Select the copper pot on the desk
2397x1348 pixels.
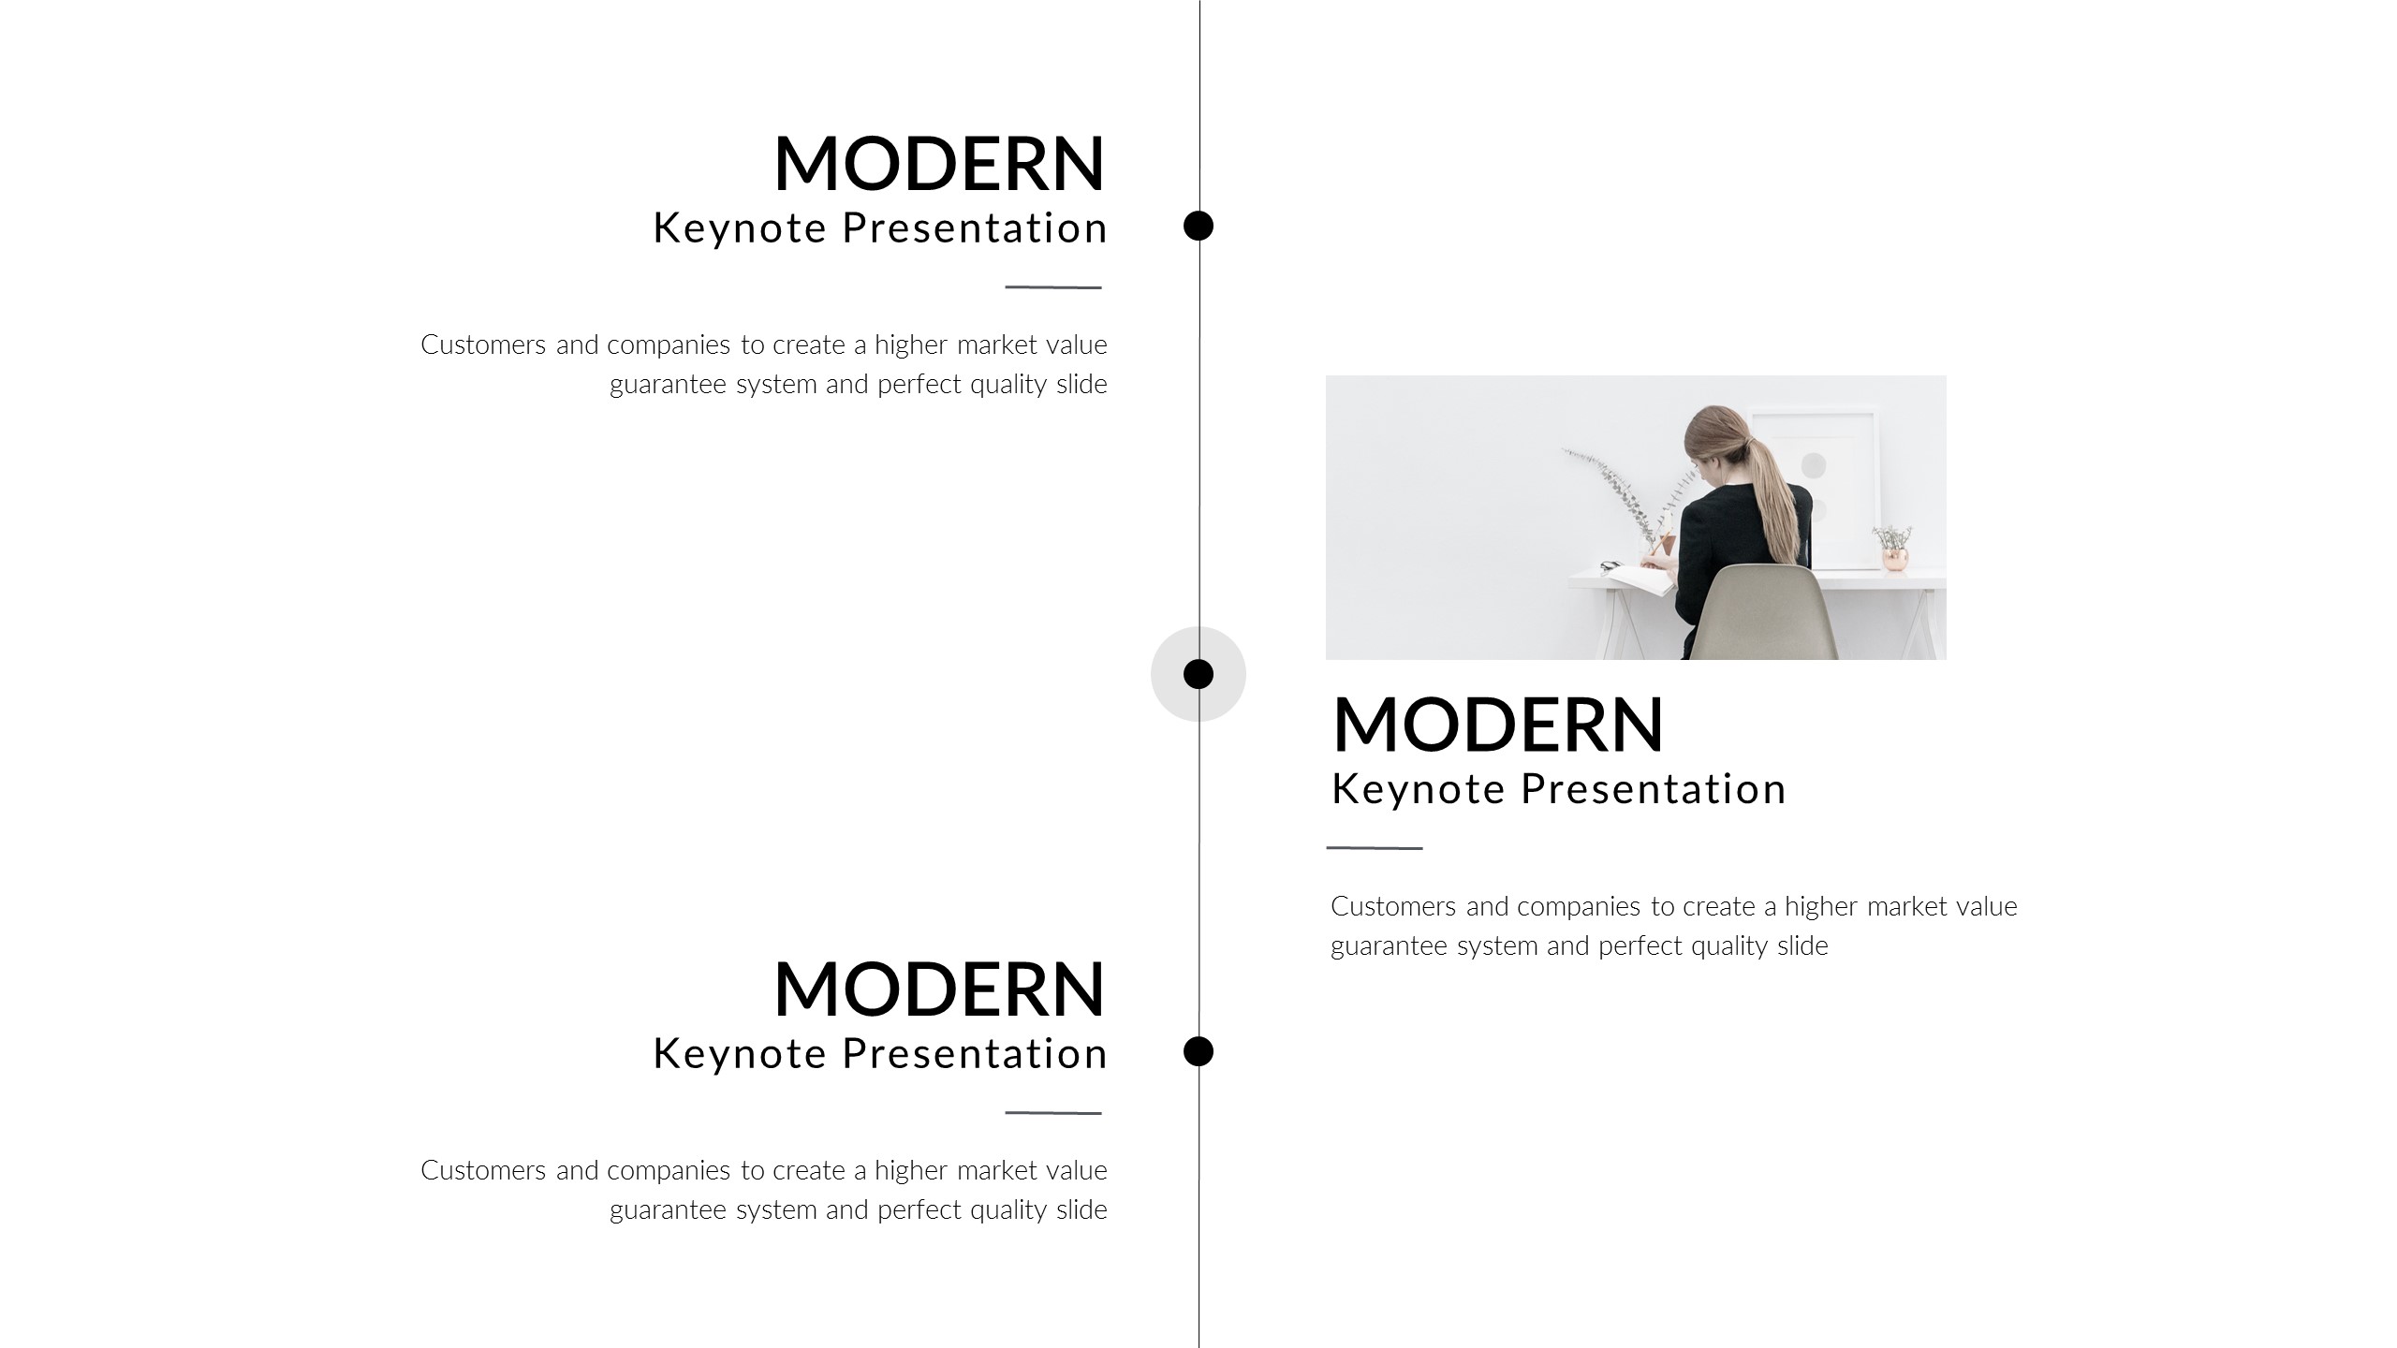[1894, 558]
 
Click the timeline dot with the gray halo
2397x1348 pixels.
[1198, 674]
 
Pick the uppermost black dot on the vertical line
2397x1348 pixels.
[1198, 226]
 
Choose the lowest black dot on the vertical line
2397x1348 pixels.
[1198, 1051]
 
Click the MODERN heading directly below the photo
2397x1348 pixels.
[1498, 725]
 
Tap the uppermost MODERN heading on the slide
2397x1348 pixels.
[939, 164]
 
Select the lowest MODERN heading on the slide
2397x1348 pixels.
[939, 989]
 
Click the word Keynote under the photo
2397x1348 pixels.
[1418, 789]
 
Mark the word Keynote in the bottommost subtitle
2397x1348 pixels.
[740, 1054]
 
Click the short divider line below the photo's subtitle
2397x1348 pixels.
[1375, 848]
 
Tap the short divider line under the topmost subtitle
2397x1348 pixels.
[1053, 287]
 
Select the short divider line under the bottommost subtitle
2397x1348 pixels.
[1053, 1113]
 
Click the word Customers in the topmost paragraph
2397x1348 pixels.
[483, 344]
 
